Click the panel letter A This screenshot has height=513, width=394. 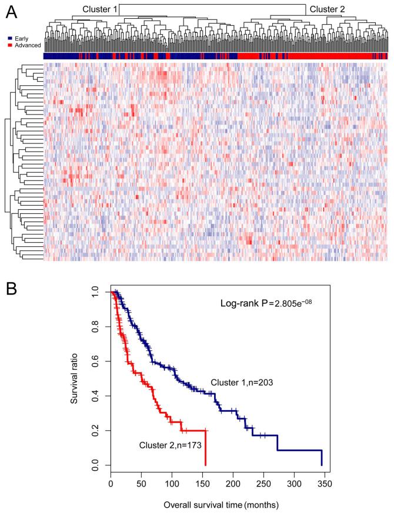pyautogui.click(x=10, y=11)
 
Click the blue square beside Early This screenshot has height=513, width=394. pyautogui.click(x=4, y=38)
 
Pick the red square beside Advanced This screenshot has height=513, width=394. pyautogui.click(x=4, y=45)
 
